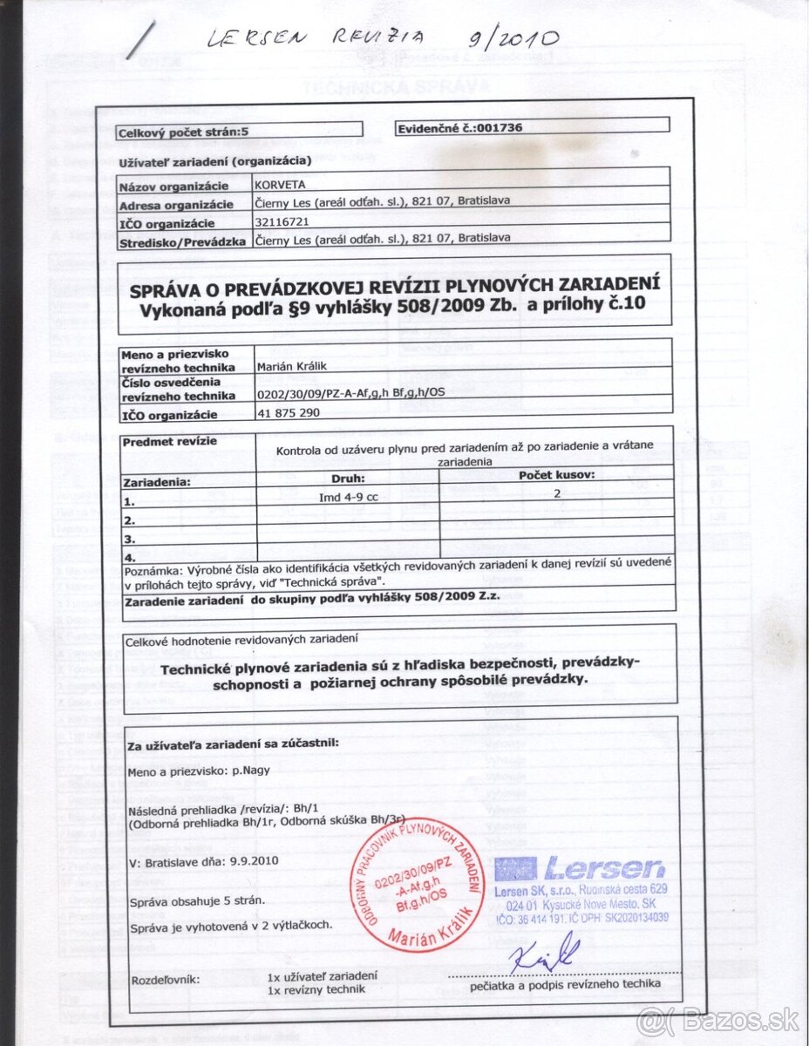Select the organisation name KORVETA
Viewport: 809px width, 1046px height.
coord(275,185)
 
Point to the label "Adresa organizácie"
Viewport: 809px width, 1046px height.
coord(175,204)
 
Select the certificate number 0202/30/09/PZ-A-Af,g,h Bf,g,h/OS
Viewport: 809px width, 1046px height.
coord(351,393)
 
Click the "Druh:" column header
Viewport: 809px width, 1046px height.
coord(348,479)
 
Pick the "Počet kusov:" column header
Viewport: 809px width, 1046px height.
coord(557,475)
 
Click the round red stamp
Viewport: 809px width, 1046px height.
coord(418,887)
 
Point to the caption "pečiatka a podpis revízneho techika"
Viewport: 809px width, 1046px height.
coord(565,984)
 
